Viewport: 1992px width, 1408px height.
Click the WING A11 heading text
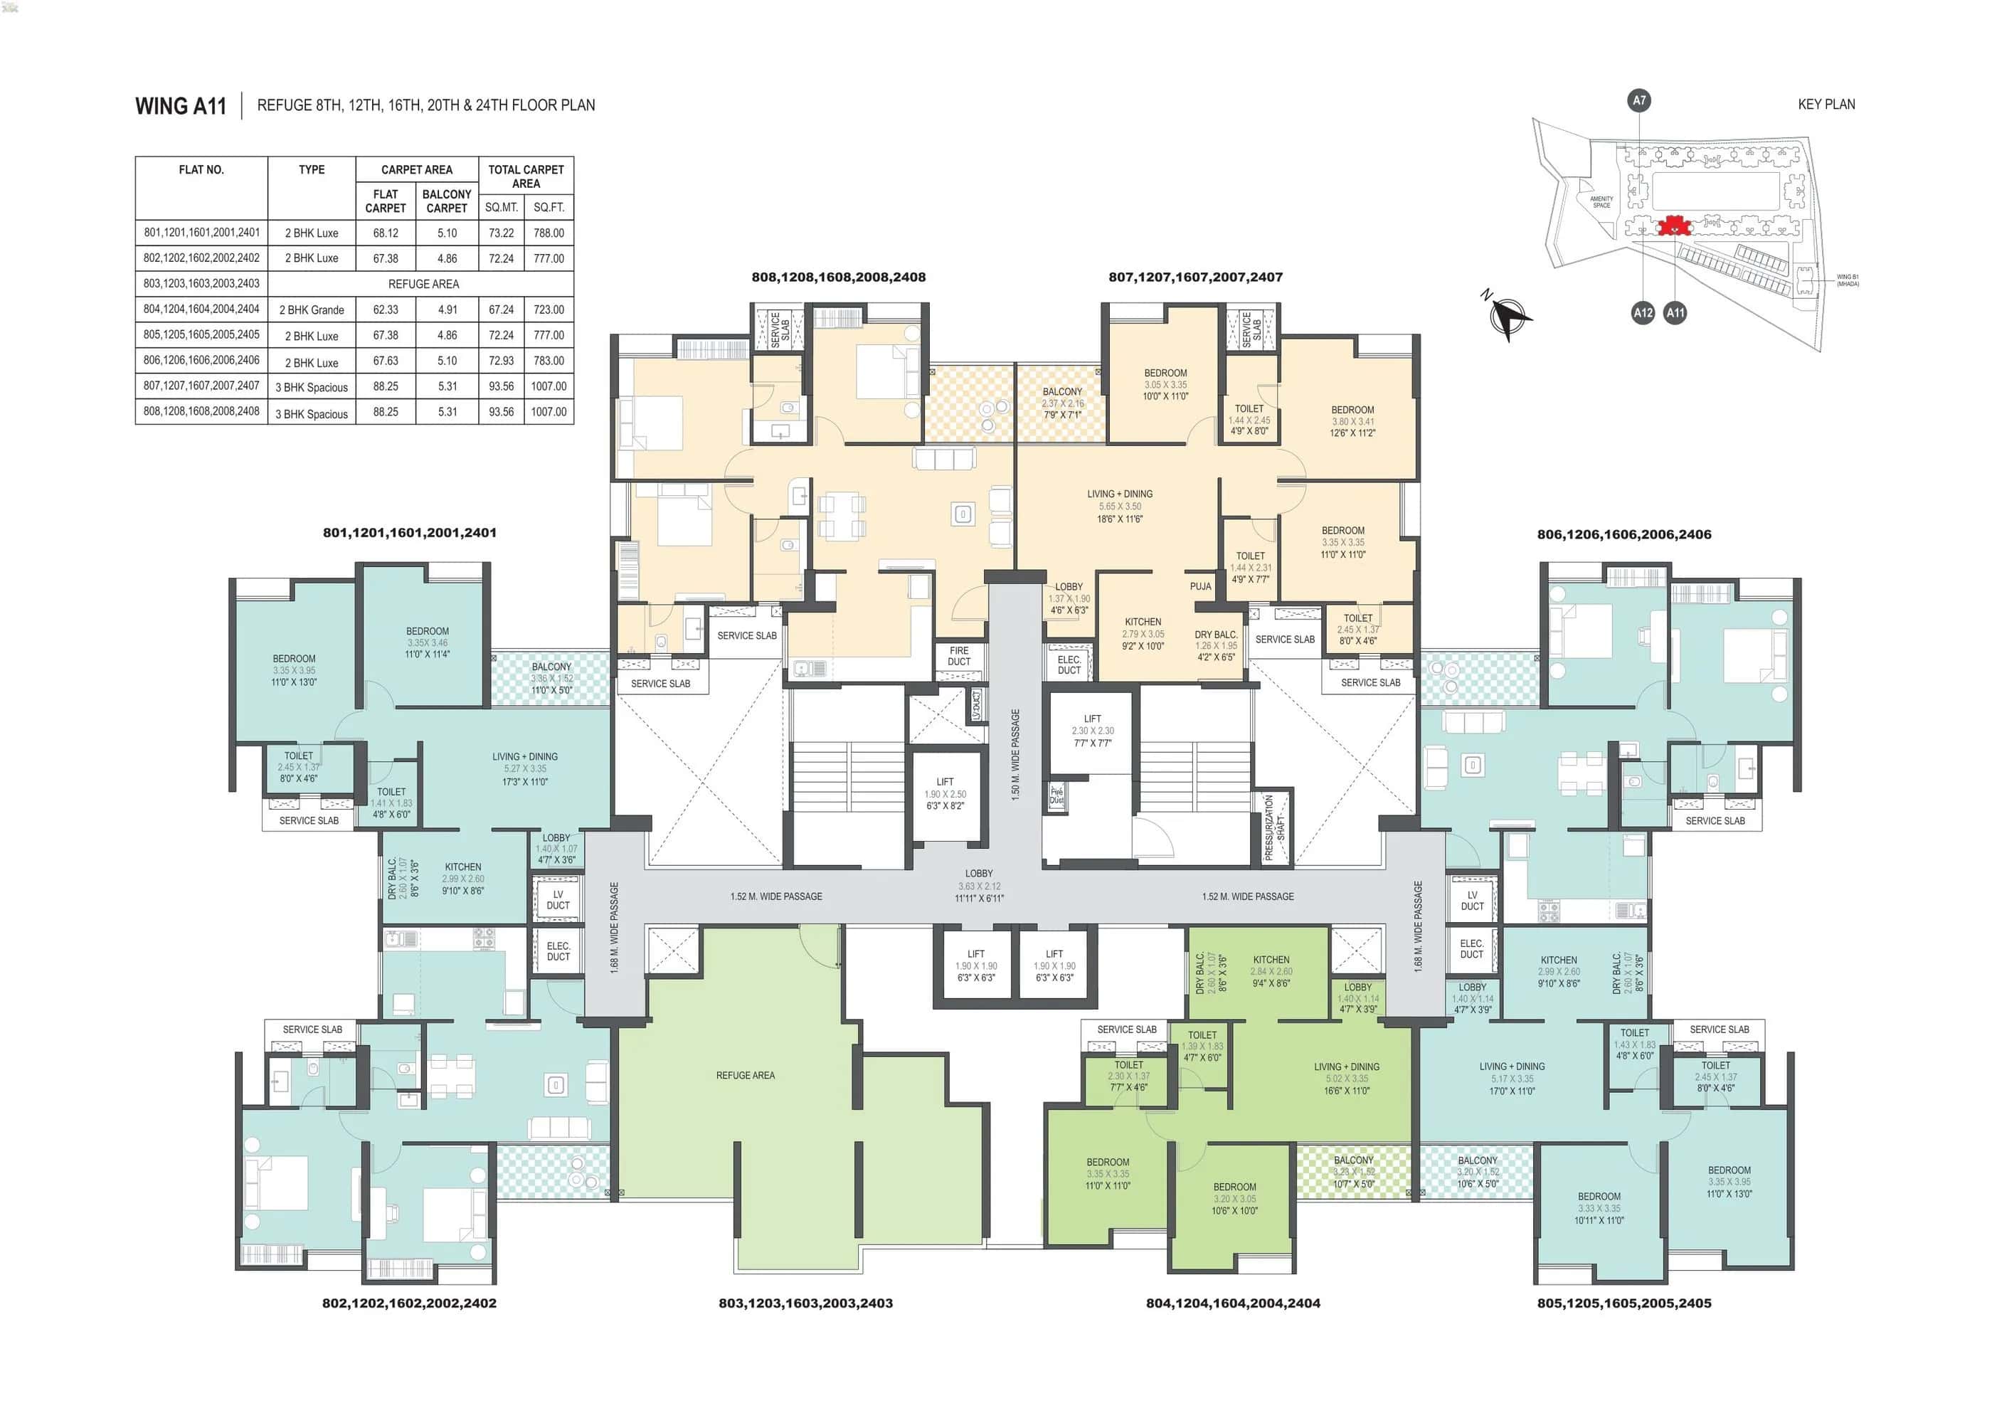click(x=181, y=106)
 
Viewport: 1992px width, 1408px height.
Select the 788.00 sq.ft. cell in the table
click(x=549, y=233)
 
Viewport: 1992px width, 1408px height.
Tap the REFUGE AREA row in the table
click(x=423, y=284)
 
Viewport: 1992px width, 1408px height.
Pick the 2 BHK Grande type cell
click(x=312, y=309)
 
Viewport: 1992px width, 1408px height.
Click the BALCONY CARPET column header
click(x=447, y=201)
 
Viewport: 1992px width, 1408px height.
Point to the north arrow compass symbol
click(x=1510, y=317)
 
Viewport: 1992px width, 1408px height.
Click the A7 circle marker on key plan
click(x=1638, y=100)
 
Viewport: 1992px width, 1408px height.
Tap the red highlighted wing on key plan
click(x=1673, y=227)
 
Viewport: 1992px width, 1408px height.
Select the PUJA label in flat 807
click(x=1200, y=586)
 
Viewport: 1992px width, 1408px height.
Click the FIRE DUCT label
click(x=959, y=656)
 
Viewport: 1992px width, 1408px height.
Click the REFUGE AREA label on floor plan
click(x=746, y=1076)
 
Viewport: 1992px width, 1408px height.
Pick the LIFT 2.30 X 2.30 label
click(x=1091, y=731)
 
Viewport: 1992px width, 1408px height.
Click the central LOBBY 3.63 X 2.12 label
click(x=979, y=886)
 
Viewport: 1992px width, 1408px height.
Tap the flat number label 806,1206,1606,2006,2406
click(x=1623, y=534)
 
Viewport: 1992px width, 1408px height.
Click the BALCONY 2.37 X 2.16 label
click(x=1062, y=403)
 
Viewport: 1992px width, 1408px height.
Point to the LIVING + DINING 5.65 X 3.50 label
click(x=1119, y=506)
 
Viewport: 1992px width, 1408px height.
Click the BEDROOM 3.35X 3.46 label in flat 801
click(x=427, y=643)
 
